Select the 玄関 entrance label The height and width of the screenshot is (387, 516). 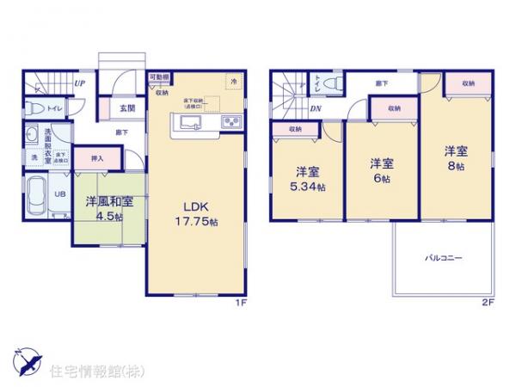pyautogui.click(x=127, y=108)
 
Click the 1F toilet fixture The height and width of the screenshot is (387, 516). pyautogui.click(x=34, y=108)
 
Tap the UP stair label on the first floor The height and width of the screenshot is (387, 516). pyautogui.click(x=79, y=83)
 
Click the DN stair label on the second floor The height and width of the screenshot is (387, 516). pyautogui.click(x=316, y=108)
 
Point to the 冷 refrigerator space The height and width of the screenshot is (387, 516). pyautogui.click(x=233, y=81)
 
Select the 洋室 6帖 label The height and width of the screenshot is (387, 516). pyautogui.click(x=382, y=168)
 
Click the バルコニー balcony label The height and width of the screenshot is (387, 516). pyautogui.click(x=445, y=256)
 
